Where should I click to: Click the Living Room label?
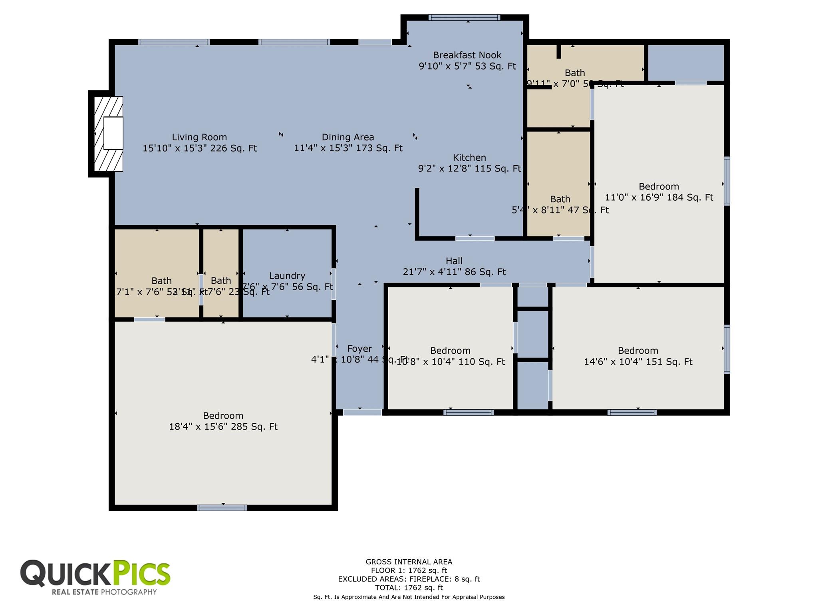click(x=199, y=137)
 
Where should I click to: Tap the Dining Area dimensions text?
click(x=348, y=148)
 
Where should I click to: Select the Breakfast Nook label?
click(x=467, y=55)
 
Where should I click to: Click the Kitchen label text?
click(x=469, y=157)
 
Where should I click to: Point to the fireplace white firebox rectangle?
click(x=113, y=133)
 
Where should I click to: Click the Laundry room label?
click(x=287, y=275)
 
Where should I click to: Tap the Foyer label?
click(x=359, y=349)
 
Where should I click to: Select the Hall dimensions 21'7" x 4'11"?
click(x=454, y=272)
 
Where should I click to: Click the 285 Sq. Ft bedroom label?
click(x=223, y=416)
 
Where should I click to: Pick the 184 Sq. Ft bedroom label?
click(x=659, y=186)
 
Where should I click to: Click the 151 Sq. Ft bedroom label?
click(x=638, y=351)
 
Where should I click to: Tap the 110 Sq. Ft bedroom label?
click(x=450, y=351)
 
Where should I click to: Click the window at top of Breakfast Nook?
click(x=464, y=17)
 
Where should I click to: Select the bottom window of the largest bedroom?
click(x=222, y=508)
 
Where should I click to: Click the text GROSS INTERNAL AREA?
click(x=409, y=562)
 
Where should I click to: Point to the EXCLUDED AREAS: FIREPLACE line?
click(x=409, y=579)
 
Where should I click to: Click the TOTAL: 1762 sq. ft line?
click(x=409, y=588)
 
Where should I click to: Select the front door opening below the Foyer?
click(x=362, y=413)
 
